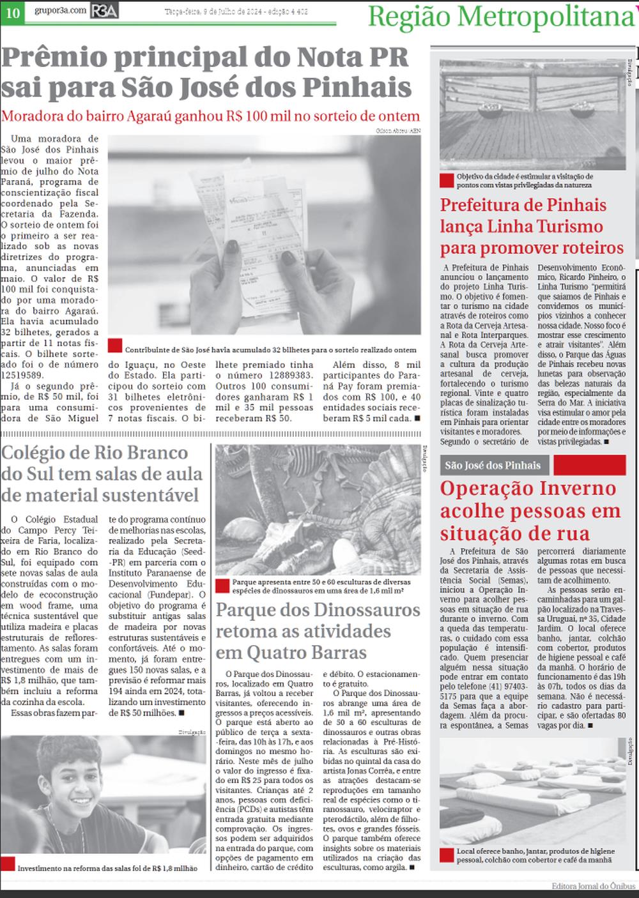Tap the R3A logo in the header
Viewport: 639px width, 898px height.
(104, 11)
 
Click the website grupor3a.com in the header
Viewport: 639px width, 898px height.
(59, 11)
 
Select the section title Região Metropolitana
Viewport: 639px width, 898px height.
(501, 17)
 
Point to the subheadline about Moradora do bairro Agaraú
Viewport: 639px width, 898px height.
(211, 116)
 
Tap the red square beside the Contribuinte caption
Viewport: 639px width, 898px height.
(115, 346)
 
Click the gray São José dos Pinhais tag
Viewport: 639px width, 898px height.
(493, 465)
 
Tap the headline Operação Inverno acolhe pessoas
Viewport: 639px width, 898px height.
(530, 510)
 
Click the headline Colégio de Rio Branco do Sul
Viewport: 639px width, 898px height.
(102, 474)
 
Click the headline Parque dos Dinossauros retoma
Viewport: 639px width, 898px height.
(318, 631)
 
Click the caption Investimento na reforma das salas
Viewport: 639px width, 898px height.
(107, 868)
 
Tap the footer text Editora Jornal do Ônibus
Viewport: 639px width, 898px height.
(594, 886)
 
